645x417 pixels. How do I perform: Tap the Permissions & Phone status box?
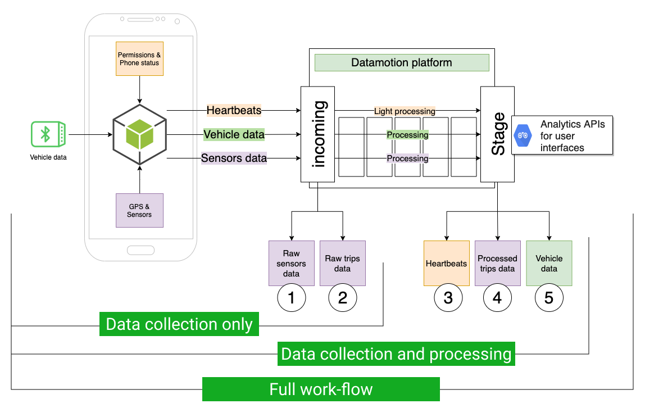139,59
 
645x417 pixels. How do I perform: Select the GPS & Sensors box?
139,210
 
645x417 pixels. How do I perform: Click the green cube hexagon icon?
139,134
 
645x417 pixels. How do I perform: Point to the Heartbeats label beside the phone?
234,110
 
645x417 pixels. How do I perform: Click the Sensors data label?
234,158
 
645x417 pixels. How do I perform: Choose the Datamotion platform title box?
401,62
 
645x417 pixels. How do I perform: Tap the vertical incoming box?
318,134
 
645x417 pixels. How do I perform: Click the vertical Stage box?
498,134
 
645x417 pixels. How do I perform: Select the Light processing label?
405,111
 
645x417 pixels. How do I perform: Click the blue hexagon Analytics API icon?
523,135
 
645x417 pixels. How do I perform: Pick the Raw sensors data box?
291,263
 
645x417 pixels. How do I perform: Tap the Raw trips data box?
342,263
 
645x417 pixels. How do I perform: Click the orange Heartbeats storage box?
446,263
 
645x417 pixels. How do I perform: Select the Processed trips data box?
497,263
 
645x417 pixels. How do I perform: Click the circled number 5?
548,298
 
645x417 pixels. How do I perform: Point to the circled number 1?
291,298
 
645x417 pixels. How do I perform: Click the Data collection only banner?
179,324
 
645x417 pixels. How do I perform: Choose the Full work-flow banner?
321,389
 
